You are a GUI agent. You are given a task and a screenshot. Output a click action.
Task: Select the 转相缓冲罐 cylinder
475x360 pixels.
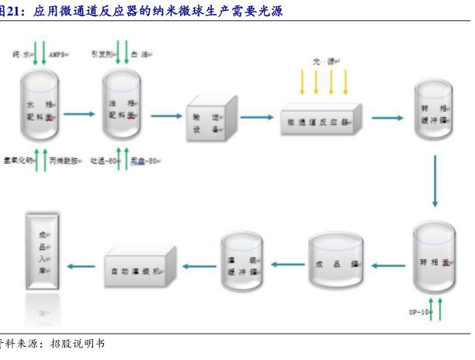pos(432,115)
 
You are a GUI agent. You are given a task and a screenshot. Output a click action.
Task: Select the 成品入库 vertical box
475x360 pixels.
pos(43,249)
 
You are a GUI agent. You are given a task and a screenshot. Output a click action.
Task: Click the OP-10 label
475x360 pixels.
pos(418,312)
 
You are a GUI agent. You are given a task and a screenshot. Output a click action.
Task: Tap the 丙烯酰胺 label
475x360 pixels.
pos(63,161)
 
